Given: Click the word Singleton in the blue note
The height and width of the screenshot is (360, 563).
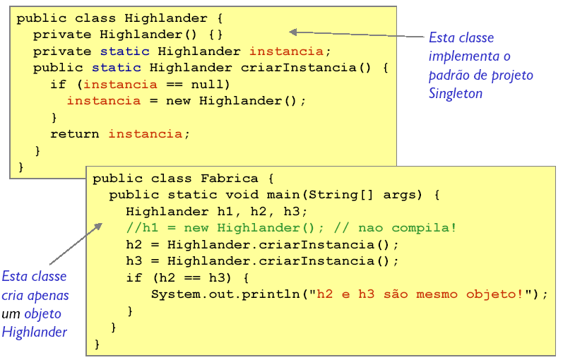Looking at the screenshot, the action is point(456,94).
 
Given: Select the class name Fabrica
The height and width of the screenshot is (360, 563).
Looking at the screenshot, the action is point(229,179).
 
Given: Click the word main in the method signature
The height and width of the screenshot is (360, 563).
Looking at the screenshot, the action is point(283,195).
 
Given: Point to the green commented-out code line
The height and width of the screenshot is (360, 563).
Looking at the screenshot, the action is point(291,228).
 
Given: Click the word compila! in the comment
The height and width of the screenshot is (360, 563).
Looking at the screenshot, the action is point(424,228).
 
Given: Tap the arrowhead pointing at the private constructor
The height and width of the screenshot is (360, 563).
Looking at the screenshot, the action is point(293,32).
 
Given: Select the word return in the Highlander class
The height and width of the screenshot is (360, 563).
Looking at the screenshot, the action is point(74,134).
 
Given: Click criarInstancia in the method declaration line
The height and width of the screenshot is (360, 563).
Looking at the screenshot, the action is point(298,68).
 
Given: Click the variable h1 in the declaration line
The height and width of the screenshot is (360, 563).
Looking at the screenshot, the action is point(225,211).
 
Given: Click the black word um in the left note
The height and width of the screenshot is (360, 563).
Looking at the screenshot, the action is point(11,314).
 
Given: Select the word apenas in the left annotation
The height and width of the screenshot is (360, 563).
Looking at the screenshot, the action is point(48,296).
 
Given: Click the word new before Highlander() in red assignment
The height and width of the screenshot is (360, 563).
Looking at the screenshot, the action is point(179,101).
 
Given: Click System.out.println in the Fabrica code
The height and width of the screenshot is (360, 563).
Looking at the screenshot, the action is point(225,294).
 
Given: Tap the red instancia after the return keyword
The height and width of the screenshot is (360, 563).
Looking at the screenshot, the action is point(146,134).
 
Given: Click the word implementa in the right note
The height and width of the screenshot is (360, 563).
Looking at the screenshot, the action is point(463,56).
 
